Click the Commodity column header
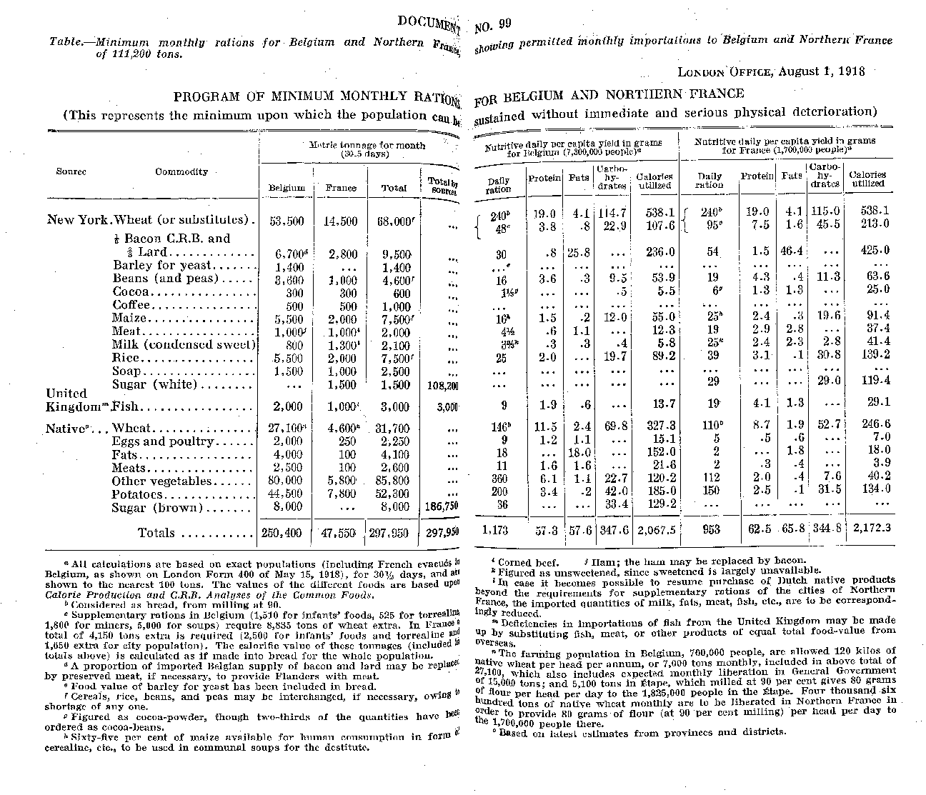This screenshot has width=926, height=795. pyautogui.click(x=181, y=171)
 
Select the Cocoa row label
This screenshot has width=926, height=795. pyautogui.click(x=131, y=291)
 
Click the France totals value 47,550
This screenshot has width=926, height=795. pyautogui.click(x=340, y=533)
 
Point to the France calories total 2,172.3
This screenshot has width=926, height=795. pyautogui.click(x=866, y=529)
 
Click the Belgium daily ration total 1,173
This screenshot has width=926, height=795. pyautogui.click(x=497, y=529)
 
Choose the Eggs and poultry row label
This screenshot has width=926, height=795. pyautogui.click(x=163, y=441)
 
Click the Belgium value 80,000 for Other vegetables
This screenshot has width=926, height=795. pyautogui.click(x=284, y=481)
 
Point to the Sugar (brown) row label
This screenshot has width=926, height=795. pyautogui.click(x=157, y=508)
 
